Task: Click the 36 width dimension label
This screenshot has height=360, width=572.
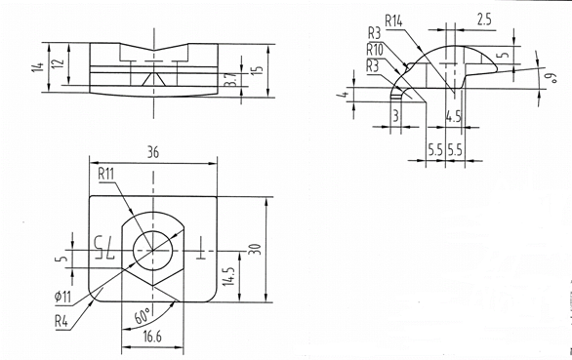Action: tap(153, 152)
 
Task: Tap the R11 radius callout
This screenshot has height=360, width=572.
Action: tap(106, 174)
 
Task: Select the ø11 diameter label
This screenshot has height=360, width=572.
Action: tap(62, 297)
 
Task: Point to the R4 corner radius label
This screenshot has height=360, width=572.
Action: tap(61, 322)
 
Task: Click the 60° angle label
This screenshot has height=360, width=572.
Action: tap(143, 315)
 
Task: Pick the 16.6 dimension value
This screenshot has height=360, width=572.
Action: tap(152, 337)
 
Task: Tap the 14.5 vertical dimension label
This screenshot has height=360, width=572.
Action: tap(229, 276)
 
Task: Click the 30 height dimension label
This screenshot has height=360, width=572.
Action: tap(257, 249)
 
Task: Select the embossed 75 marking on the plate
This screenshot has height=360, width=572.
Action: tap(104, 248)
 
